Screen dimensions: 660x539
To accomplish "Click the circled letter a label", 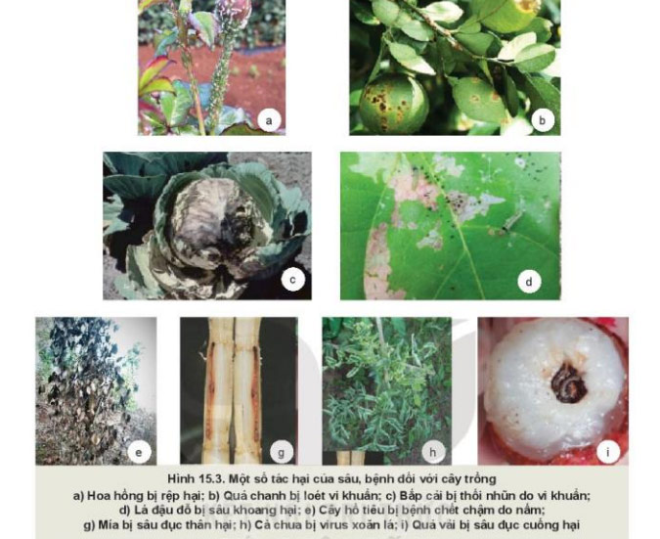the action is [x=269, y=121].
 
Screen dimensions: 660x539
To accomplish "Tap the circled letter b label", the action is [x=542, y=120].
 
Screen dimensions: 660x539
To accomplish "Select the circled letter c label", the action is [x=292, y=280].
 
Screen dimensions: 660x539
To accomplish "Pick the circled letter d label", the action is [x=529, y=282].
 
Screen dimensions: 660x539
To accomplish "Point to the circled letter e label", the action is [x=139, y=453].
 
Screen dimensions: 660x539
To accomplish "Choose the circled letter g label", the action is [x=281, y=453].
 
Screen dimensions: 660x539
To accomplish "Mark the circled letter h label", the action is [x=433, y=453].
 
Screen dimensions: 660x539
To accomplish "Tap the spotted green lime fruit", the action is [x=394, y=104].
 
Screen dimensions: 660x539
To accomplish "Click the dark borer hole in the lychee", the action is [x=569, y=382].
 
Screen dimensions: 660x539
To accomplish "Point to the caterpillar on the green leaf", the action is [x=511, y=221].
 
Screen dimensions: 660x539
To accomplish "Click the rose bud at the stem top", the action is [x=234, y=12].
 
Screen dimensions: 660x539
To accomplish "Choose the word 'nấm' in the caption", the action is [x=533, y=510].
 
